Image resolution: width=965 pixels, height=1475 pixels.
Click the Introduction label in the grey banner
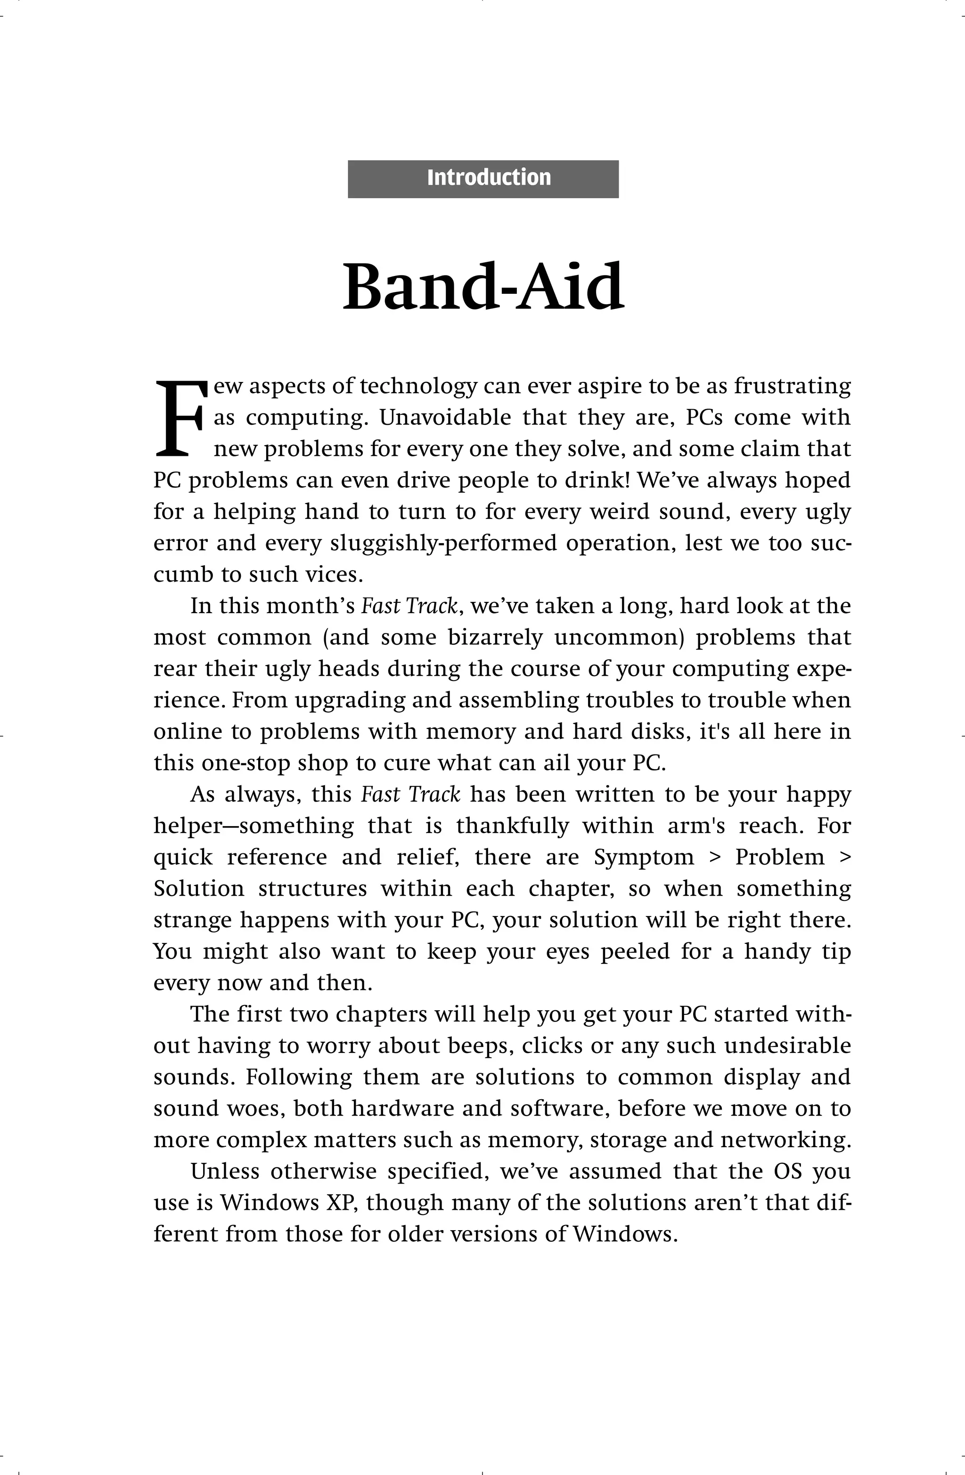pyautogui.click(x=489, y=178)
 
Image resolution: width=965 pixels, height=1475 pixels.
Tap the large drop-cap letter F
pyautogui.click(x=178, y=419)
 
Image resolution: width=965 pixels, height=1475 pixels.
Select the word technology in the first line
pyautogui.click(x=418, y=386)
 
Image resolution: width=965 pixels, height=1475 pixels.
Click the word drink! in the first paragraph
pyautogui.click(x=598, y=480)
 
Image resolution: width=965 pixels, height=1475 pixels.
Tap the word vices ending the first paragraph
pyautogui.click(x=335, y=575)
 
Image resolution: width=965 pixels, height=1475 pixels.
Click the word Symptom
pyautogui.click(x=644, y=858)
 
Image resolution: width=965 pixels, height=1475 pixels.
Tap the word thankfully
pyautogui.click(x=512, y=826)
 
